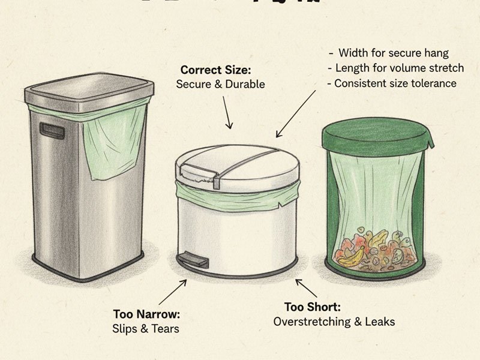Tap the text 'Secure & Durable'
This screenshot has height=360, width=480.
coord(220,85)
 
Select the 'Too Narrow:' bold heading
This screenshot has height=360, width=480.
coord(146,314)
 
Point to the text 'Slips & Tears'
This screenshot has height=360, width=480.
coord(145,328)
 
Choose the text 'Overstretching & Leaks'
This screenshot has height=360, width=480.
coord(334,322)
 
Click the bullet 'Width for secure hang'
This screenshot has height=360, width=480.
coord(393,53)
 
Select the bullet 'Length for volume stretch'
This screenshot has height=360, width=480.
coord(399,68)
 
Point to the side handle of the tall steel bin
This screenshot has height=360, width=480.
coord(52,131)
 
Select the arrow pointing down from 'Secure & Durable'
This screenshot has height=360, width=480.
coord(226,112)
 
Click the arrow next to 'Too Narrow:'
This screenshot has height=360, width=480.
coord(172,292)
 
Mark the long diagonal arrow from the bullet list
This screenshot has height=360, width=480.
coord(295,114)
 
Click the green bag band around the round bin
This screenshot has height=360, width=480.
coord(237,195)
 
